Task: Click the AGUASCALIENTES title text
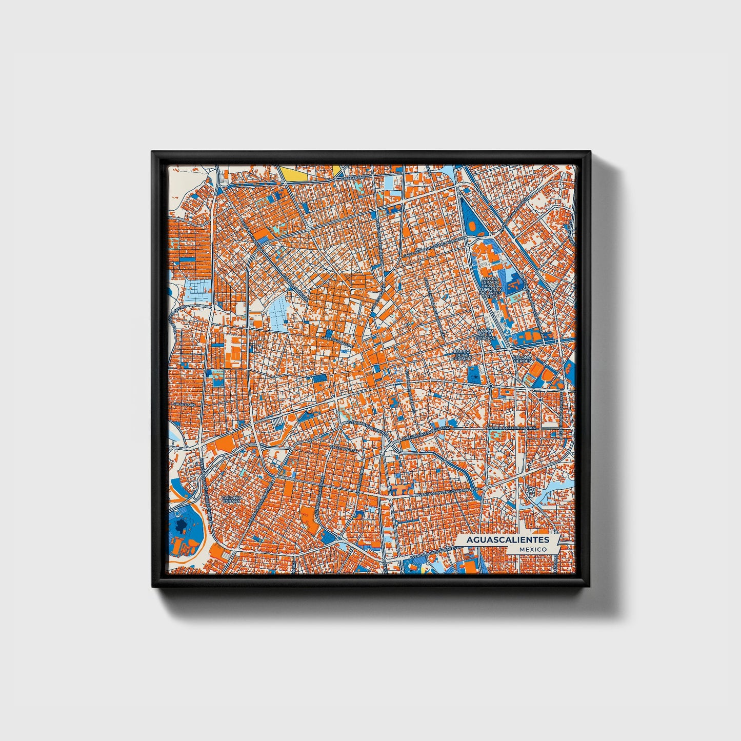tap(508, 539)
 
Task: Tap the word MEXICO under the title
tap(532, 549)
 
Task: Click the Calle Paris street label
tap(185, 405)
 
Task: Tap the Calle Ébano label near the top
tap(354, 177)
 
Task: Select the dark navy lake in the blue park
tap(181, 524)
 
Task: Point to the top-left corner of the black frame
tap(153, 153)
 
